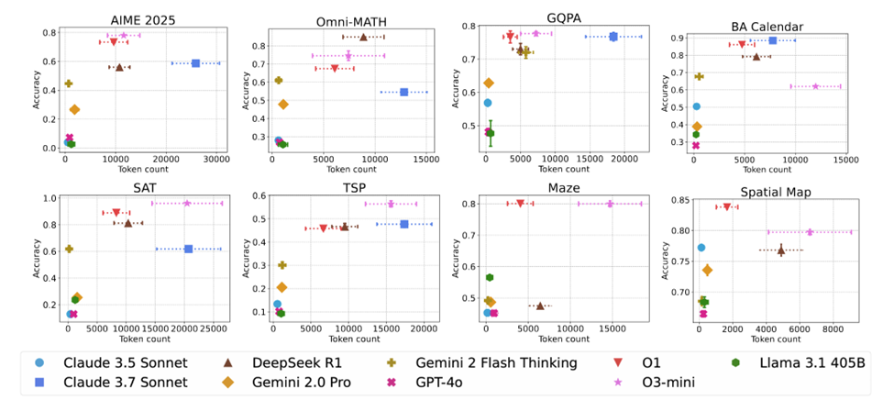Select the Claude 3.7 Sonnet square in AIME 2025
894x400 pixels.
pyautogui.click(x=195, y=63)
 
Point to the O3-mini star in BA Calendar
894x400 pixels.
pyautogui.click(x=815, y=86)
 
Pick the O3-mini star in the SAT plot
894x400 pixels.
pyautogui.click(x=186, y=204)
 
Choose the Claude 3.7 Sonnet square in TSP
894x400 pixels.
pyautogui.click(x=404, y=224)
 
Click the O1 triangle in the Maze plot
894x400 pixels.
pyautogui.click(x=520, y=204)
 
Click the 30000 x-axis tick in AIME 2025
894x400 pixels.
pyautogui.click(x=215, y=161)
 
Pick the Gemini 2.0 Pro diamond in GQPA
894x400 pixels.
pyautogui.click(x=488, y=83)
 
